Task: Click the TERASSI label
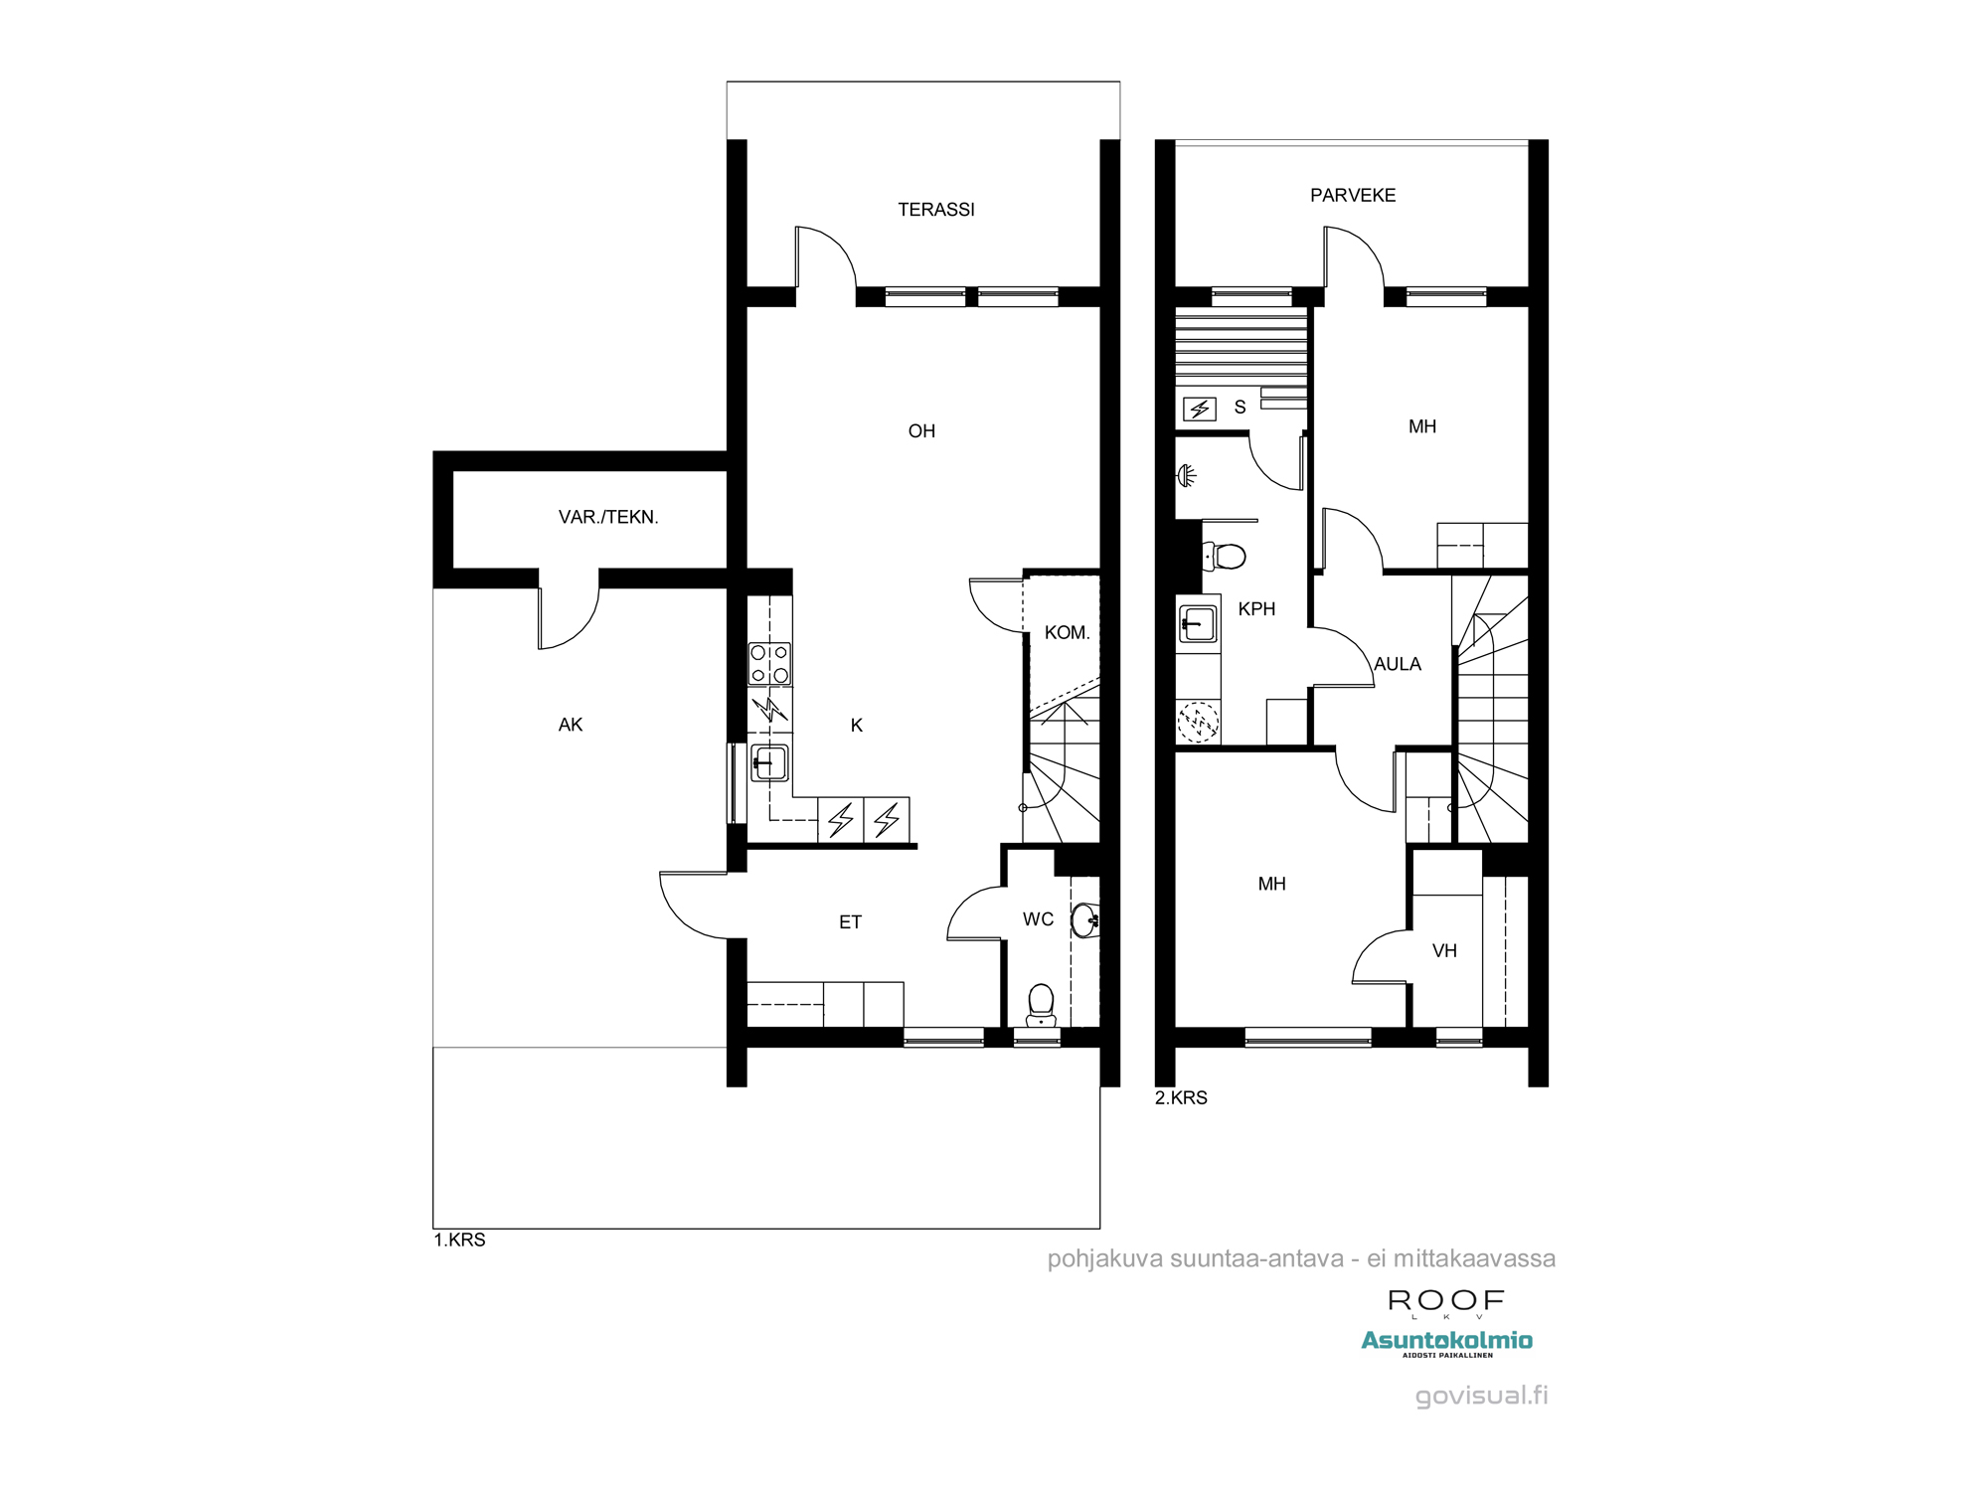pos(935,210)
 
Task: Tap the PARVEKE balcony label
pos(1352,196)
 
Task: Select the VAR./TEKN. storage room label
pos(608,517)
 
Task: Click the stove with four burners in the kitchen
pos(769,664)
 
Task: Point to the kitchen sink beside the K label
pos(769,763)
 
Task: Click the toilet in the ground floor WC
pos(1041,1004)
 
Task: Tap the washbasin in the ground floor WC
pos(1084,919)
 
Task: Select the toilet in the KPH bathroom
pos(1227,557)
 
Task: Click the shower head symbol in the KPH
pos(1187,476)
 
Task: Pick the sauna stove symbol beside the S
pos(1200,409)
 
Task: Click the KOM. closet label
pos(1067,633)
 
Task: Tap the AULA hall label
pos(1397,664)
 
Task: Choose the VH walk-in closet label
pos(1444,951)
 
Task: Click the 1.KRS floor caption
pos(459,1241)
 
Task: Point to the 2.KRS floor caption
pos(1181,1098)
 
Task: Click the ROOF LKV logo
pos(1446,1302)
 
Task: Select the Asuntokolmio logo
pos(1446,1342)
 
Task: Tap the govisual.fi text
pos(1481,1396)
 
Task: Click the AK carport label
pos(571,726)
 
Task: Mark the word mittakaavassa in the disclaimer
pos(1474,1259)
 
